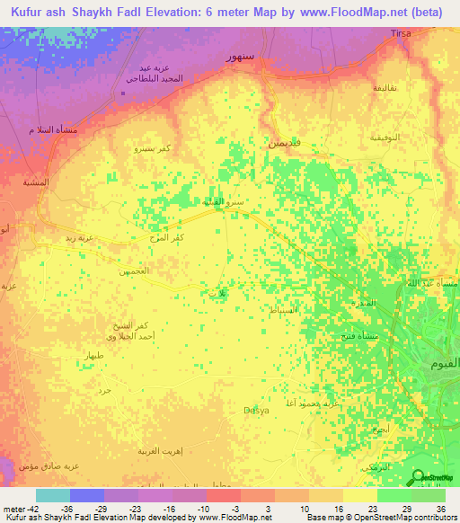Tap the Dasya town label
pos(258,411)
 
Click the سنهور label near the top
pos(241,57)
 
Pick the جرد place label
pos(104,390)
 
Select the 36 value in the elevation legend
pos(440,508)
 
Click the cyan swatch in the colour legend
pos(52,495)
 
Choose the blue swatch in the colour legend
pos(86,495)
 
